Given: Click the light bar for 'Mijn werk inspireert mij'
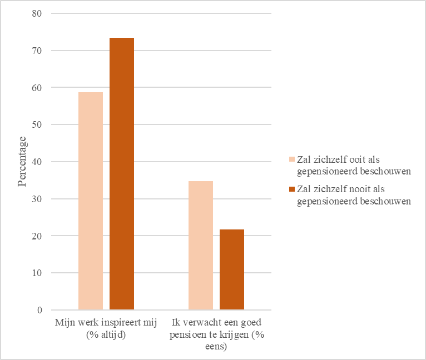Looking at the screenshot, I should click(91, 201).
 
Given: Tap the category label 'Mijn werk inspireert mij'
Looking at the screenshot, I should click(106, 327).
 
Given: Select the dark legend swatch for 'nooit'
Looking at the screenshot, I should click(292, 190).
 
